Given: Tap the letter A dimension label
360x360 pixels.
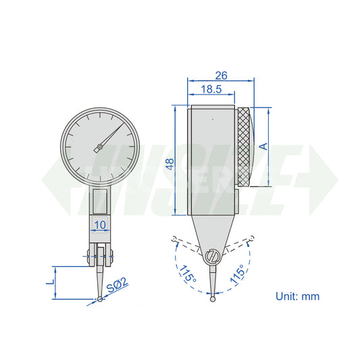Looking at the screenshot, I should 264,146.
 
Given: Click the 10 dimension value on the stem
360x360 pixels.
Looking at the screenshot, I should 100,224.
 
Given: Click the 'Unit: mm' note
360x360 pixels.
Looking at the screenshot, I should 297,296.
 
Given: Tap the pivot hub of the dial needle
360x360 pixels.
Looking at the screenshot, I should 99,147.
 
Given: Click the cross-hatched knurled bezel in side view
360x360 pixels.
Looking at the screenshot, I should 246,147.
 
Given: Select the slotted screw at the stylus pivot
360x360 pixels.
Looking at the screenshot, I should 213,257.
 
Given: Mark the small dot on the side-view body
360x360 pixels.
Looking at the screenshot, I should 211,119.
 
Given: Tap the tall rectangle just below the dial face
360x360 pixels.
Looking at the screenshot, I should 100,199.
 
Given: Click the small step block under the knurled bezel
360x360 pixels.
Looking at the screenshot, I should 238,199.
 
